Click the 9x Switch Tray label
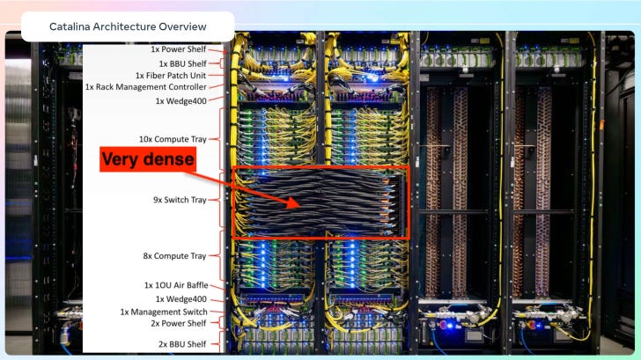(x=180, y=200)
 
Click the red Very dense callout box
(x=147, y=159)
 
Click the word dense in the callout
(x=170, y=159)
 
